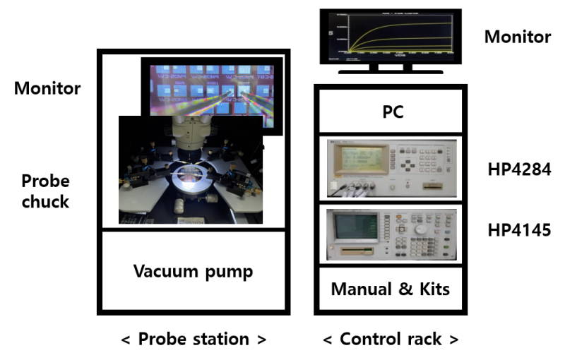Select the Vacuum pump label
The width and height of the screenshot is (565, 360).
(193, 271)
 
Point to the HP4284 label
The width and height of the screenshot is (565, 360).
(519, 169)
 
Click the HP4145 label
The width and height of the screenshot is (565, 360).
(519, 230)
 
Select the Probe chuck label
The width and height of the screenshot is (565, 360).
(45, 191)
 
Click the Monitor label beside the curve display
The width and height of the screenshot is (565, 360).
(517, 37)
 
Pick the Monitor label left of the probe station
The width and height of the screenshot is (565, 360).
(47, 89)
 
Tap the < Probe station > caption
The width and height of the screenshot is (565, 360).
(193, 339)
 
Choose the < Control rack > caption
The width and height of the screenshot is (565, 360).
(391, 339)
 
